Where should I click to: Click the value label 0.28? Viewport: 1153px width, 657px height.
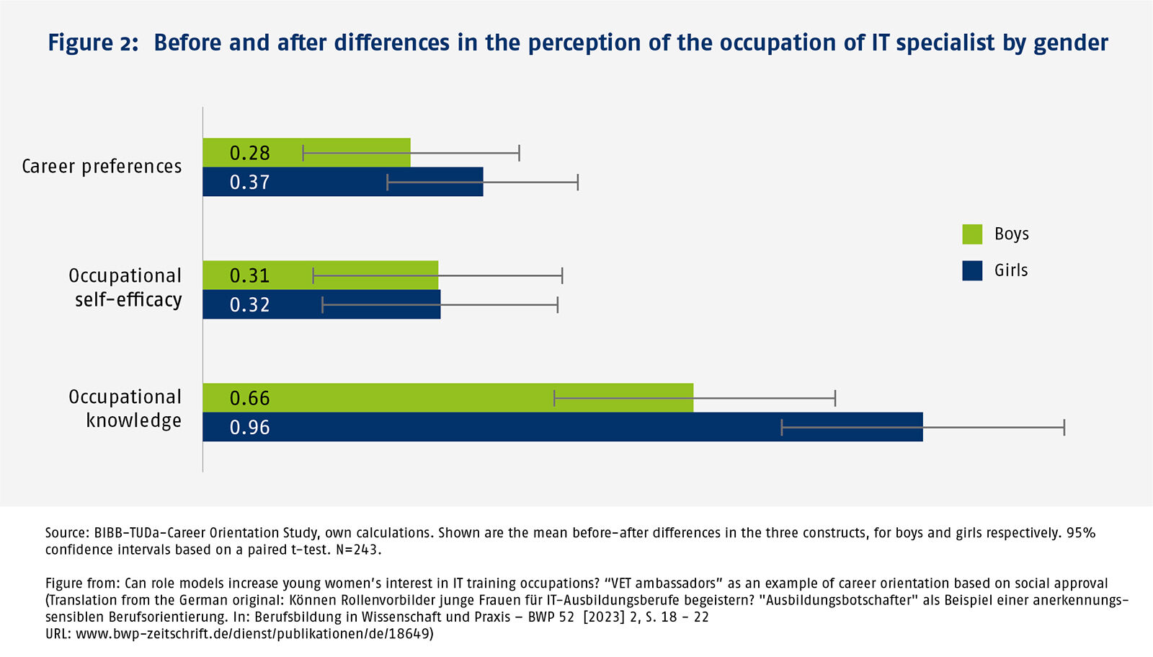click(x=249, y=153)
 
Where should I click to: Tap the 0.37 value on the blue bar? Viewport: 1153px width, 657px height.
click(x=249, y=182)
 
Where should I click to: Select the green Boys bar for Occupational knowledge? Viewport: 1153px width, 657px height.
click(x=447, y=397)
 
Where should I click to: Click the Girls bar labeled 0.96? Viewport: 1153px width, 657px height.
click(x=562, y=427)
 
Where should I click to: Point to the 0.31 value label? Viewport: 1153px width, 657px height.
click(x=249, y=275)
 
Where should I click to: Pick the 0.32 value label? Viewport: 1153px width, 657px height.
click(x=249, y=305)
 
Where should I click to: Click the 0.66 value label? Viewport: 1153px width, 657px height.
click(x=249, y=398)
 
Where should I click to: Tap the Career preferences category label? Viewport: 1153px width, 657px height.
click(x=102, y=167)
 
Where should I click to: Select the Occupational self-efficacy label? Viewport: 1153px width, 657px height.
click(x=125, y=288)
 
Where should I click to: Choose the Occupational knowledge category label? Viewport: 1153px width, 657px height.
click(x=125, y=409)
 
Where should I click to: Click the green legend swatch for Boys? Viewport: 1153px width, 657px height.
click(x=972, y=234)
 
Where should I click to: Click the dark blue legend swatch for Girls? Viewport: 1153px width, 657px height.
click(x=972, y=270)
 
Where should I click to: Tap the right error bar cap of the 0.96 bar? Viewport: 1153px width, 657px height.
click(x=1064, y=428)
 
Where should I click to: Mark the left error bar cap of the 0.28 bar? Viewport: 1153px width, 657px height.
click(x=303, y=153)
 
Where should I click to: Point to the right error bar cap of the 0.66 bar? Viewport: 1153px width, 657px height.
click(x=835, y=398)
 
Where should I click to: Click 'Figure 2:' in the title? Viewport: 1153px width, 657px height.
click(x=93, y=43)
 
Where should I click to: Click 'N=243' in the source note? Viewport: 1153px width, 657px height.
click(x=357, y=550)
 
